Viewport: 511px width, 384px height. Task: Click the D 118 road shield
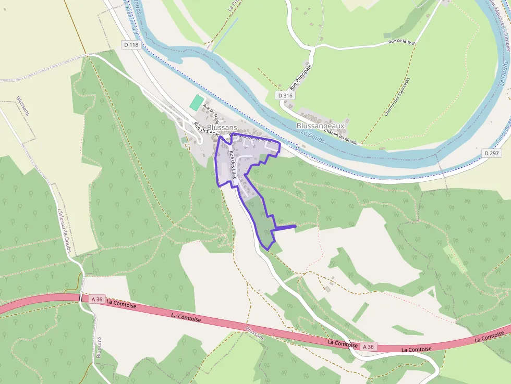[x=132, y=45]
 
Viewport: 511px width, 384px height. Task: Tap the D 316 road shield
[x=285, y=95]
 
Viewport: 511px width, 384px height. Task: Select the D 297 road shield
[x=491, y=153]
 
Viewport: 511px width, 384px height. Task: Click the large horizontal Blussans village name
[x=222, y=127]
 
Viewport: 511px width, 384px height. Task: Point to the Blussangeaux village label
[x=320, y=126]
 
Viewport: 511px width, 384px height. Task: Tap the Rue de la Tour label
[x=403, y=42]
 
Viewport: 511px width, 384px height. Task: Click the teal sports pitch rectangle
[x=196, y=102]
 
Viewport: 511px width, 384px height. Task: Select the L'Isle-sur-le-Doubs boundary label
[x=64, y=230]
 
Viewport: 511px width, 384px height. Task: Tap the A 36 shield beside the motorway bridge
[x=97, y=299]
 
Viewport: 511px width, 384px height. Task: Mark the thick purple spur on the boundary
[x=284, y=227]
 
